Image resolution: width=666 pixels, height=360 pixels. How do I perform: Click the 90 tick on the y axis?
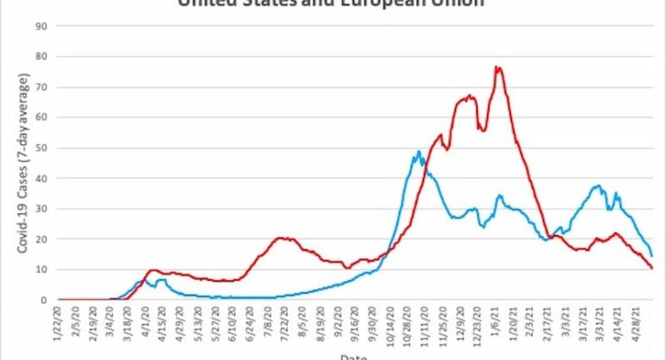point(41,26)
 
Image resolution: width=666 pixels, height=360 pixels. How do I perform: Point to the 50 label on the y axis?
point(41,148)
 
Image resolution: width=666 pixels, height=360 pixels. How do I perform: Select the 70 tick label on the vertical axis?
point(41,87)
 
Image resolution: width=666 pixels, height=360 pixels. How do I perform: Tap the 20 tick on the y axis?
point(41,238)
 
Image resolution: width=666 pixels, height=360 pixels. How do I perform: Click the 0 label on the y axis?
point(44,300)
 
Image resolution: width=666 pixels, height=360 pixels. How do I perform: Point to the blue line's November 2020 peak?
point(419,152)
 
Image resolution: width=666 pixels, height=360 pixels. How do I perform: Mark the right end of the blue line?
point(652,256)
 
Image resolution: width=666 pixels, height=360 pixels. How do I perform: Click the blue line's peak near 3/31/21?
point(598,186)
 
